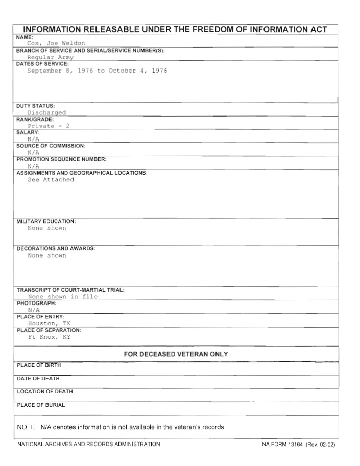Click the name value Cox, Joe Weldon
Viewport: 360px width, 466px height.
[x=56, y=43]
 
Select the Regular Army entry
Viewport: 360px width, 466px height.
[x=51, y=57]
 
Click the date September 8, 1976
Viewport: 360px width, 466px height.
[x=60, y=71]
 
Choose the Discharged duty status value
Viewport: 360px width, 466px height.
[x=46, y=112]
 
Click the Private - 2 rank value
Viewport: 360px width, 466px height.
[x=49, y=126]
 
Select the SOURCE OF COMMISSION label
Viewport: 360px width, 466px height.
[x=51, y=146]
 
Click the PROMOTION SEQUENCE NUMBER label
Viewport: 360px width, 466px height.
[x=61, y=159]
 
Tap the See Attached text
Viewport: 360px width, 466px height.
[x=51, y=180]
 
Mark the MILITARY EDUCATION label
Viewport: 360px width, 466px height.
[x=46, y=221]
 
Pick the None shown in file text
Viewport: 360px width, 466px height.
[x=62, y=296]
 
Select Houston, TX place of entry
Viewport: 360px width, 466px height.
[x=49, y=323]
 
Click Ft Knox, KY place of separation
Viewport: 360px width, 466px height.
[x=49, y=337]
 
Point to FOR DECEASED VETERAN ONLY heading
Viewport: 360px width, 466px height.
[x=176, y=354]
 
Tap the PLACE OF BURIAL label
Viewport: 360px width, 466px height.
[x=41, y=405]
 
